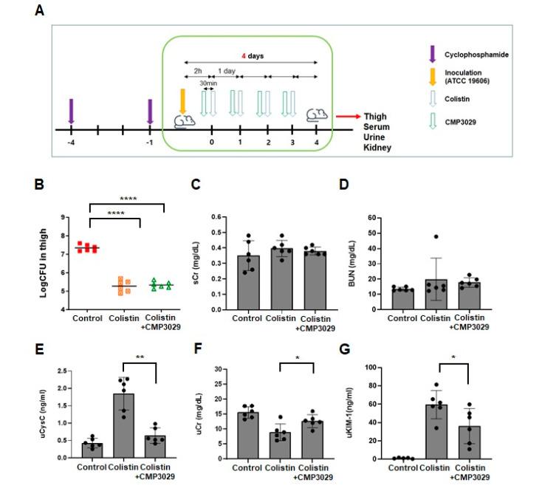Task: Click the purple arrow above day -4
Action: tap(71, 111)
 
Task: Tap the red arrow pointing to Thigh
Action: tap(347, 116)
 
